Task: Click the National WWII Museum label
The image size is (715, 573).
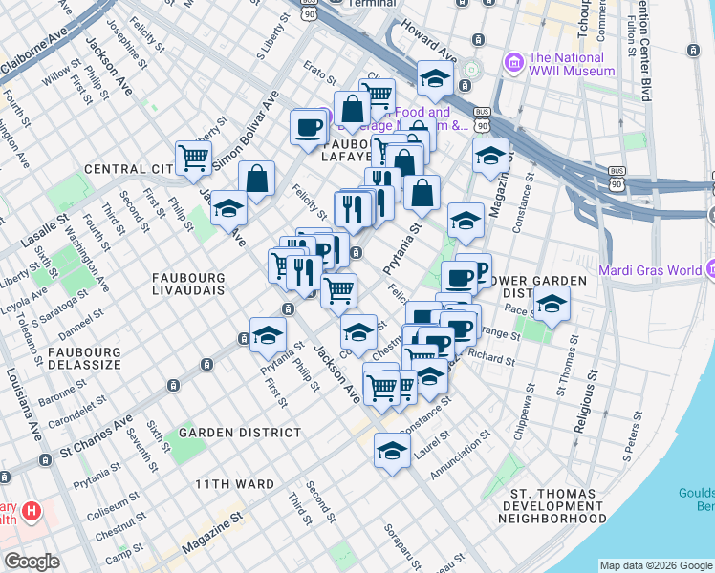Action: click(572, 64)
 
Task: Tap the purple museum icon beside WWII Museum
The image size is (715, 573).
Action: click(514, 64)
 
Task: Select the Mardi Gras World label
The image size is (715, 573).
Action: click(649, 269)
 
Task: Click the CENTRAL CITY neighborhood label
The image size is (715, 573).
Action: click(127, 169)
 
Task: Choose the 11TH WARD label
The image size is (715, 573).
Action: click(235, 484)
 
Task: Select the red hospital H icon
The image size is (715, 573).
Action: click(32, 511)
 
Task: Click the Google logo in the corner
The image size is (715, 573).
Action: click(32, 562)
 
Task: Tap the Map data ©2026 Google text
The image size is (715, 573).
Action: click(656, 565)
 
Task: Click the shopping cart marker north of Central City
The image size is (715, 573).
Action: click(193, 158)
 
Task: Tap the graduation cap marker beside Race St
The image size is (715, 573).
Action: click(552, 306)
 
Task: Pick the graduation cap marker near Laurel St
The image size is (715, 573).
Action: click(392, 452)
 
